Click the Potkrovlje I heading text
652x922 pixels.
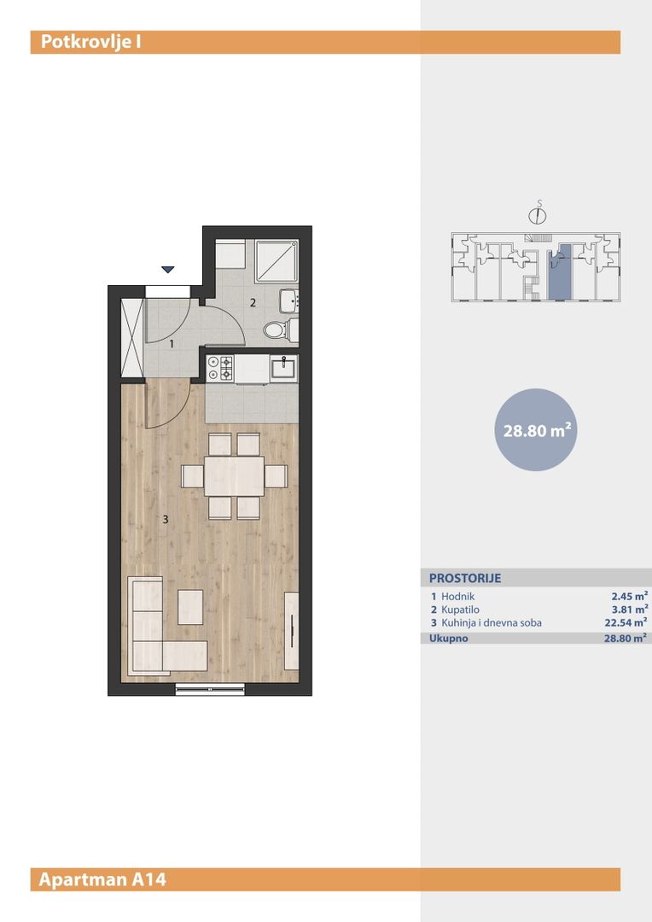coord(90,43)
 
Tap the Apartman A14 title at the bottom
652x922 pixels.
coord(102,879)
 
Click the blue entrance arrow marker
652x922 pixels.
coord(168,269)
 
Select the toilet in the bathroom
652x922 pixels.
coord(281,330)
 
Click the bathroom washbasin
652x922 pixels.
coord(289,301)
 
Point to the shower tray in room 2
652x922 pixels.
coord(277,261)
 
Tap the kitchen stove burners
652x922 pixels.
coord(220,368)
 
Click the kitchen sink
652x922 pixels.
coord(284,369)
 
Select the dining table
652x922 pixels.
coord(234,476)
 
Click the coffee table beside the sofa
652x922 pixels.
coord(190,608)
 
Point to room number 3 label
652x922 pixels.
coord(166,519)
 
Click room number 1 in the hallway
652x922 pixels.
coord(172,343)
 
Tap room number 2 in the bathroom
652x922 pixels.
coord(253,303)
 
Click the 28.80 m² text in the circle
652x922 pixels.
coord(537,430)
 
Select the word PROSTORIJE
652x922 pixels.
coord(465,578)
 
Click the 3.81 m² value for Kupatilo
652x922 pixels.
coord(630,610)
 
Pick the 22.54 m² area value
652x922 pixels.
coord(626,622)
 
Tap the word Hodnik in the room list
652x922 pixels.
coord(458,596)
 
